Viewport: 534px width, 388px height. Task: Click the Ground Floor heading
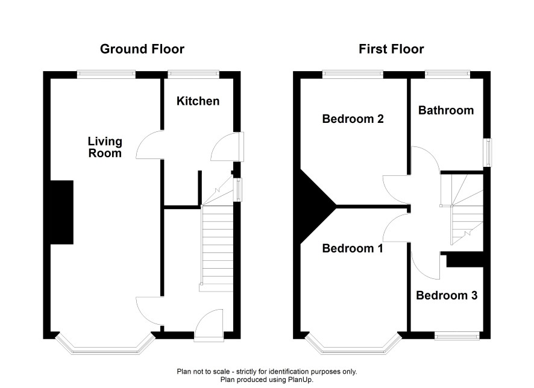142,49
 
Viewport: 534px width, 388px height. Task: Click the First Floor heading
391,49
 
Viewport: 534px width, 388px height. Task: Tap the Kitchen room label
198,101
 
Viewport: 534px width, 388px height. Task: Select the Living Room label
105,147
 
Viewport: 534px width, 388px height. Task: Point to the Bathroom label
446,110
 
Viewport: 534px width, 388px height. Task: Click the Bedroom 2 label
353,119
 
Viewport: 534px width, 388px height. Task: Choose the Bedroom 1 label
353,248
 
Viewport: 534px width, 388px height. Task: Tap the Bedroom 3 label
447,295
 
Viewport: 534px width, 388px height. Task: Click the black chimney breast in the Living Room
62,212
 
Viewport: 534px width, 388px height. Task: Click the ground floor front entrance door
209,324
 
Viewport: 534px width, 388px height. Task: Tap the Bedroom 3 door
426,266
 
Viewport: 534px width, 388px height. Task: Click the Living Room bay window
105,347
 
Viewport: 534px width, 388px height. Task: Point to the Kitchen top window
193,73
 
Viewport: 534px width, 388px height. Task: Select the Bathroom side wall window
489,152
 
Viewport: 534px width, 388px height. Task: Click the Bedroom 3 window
457,336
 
